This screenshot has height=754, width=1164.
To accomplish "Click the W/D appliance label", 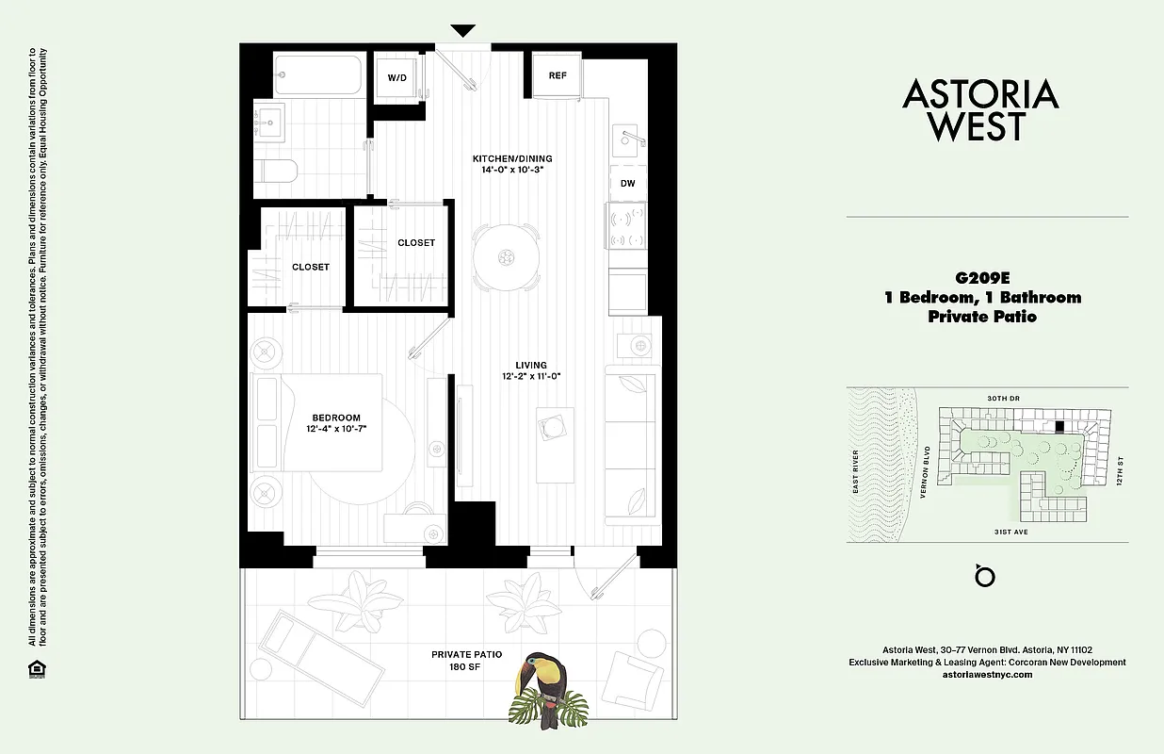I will coord(396,77).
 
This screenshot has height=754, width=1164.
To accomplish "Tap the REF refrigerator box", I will coord(557,75).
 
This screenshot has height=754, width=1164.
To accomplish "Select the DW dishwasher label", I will coord(627,183).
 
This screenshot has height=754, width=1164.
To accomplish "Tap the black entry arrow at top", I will coord(462,31).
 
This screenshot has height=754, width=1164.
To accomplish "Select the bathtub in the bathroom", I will coord(317,74).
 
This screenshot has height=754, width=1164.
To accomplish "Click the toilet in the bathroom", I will coord(277,172).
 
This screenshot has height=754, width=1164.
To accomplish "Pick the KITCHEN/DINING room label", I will coord(512,158).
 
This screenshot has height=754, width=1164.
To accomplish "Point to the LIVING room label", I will coord(531,365).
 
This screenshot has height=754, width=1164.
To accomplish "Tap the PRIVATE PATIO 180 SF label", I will coord(466,661).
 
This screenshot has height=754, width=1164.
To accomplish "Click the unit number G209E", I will coord(982,278).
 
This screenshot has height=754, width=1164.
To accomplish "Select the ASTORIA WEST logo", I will coord(980,109).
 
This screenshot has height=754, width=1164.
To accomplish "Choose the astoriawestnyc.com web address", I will coord(987,675).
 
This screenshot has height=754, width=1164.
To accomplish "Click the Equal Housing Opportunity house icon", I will coord(37,668).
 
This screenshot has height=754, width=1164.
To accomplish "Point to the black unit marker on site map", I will coord(1060,426).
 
